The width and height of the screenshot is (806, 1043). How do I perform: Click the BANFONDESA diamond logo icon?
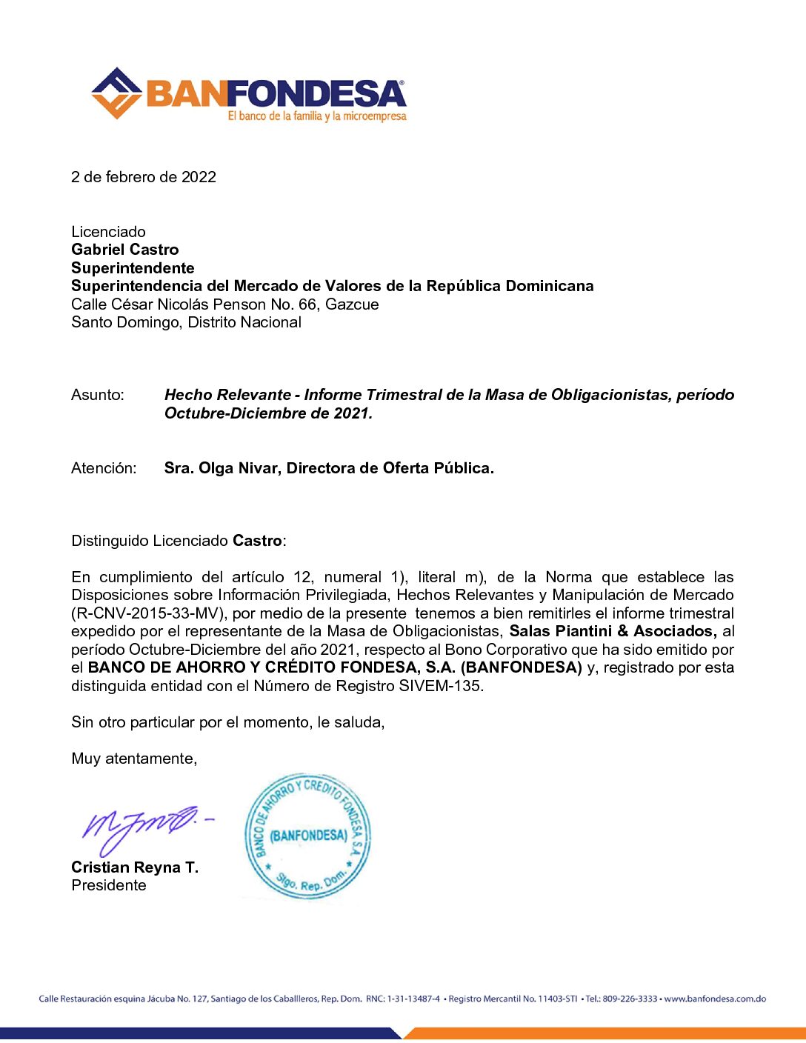coord(116,93)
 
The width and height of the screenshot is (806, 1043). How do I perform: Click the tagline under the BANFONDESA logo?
coord(317,116)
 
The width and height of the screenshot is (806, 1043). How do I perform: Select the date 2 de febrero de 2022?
coord(144,177)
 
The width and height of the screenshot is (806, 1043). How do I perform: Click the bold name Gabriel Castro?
coord(125,250)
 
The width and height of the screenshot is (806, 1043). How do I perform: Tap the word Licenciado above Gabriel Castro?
coord(108,232)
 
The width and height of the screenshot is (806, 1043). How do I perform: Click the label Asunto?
coord(98,395)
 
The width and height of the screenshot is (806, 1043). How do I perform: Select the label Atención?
coord(104,468)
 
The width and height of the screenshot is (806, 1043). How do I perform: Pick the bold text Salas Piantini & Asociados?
coord(612,631)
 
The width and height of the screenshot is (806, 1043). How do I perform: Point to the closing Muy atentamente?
coord(134,759)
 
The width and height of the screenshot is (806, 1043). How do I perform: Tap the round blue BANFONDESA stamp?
coord(307,836)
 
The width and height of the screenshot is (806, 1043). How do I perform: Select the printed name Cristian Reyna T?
coord(135,867)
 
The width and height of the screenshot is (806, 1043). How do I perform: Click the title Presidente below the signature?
coord(109,885)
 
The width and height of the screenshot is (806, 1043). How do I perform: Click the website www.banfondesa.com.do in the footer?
coord(715,999)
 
